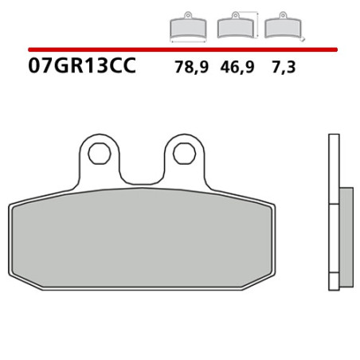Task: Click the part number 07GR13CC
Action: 82,67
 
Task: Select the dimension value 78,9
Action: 191,68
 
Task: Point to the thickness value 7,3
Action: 283,68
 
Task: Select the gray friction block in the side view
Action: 346,237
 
